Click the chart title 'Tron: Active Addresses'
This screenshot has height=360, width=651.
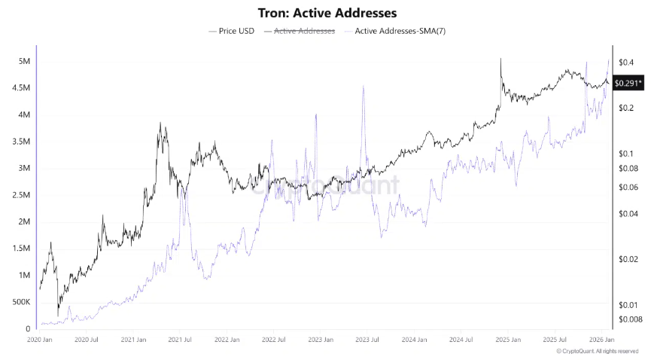(x=325, y=13)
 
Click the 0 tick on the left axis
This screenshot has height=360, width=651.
(x=28, y=329)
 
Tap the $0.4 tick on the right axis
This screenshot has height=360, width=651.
(x=625, y=62)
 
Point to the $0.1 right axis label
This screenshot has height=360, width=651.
(x=625, y=154)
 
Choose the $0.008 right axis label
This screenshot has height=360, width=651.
(x=628, y=319)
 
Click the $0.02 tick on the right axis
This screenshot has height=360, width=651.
(x=627, y=259)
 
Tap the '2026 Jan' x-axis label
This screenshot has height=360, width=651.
(x=599, y=341)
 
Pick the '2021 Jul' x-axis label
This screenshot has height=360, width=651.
(x=181, y=341)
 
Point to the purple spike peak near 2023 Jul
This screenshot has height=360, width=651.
(x=364, y=86)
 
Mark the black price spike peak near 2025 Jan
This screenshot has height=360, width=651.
(x=500, y=59)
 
